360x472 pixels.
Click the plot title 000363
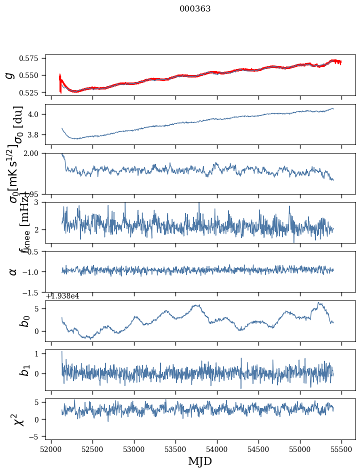click(195, 9)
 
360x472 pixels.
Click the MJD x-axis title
click(200, 461)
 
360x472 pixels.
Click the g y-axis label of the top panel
click(9, 75)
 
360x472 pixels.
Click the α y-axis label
click(13, 271)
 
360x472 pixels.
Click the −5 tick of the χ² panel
click(36, 436)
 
